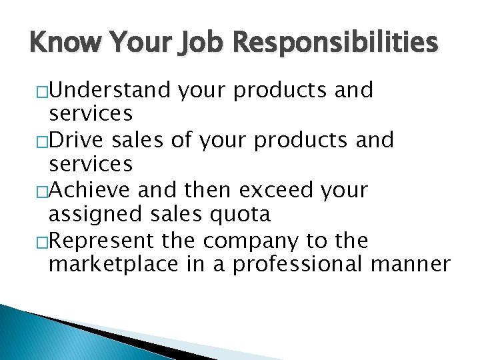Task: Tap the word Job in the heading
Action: pos(187,43)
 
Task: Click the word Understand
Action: pos(111,90)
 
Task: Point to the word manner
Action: pos(410,264)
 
